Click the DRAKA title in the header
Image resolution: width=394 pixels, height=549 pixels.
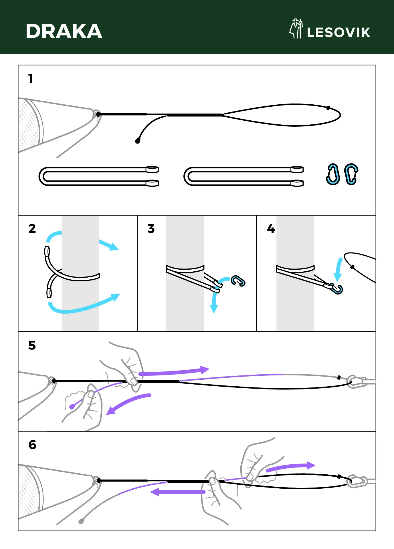coord(64,31)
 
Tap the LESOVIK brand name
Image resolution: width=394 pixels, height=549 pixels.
coord(338,32)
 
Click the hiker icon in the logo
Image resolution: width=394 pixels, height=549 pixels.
coord(296,29)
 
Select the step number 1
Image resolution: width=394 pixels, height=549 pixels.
coord(31,79)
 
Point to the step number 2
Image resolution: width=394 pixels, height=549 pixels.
coord(32,229)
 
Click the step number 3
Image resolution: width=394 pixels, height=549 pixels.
coord(151,229)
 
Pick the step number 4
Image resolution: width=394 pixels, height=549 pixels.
coord(271,229)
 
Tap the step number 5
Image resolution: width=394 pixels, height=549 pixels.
coord(32,345)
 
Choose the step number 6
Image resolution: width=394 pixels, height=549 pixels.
coord(32,445)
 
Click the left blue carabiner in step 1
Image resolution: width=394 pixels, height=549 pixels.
coord(333,174)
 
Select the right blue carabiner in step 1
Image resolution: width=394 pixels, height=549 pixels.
coord(351,174)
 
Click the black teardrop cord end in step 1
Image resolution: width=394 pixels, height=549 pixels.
coord(138,141)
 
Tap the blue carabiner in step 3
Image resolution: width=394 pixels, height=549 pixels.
coord(238,281)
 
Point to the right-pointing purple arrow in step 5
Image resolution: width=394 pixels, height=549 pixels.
coord(175,372)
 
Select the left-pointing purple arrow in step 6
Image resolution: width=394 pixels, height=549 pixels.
coord(177,492)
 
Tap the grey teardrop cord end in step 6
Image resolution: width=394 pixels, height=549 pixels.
coord(81,521)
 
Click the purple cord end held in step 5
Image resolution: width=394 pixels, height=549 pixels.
coord(72,406)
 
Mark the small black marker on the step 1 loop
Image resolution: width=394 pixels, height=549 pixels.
coord(328,108)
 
